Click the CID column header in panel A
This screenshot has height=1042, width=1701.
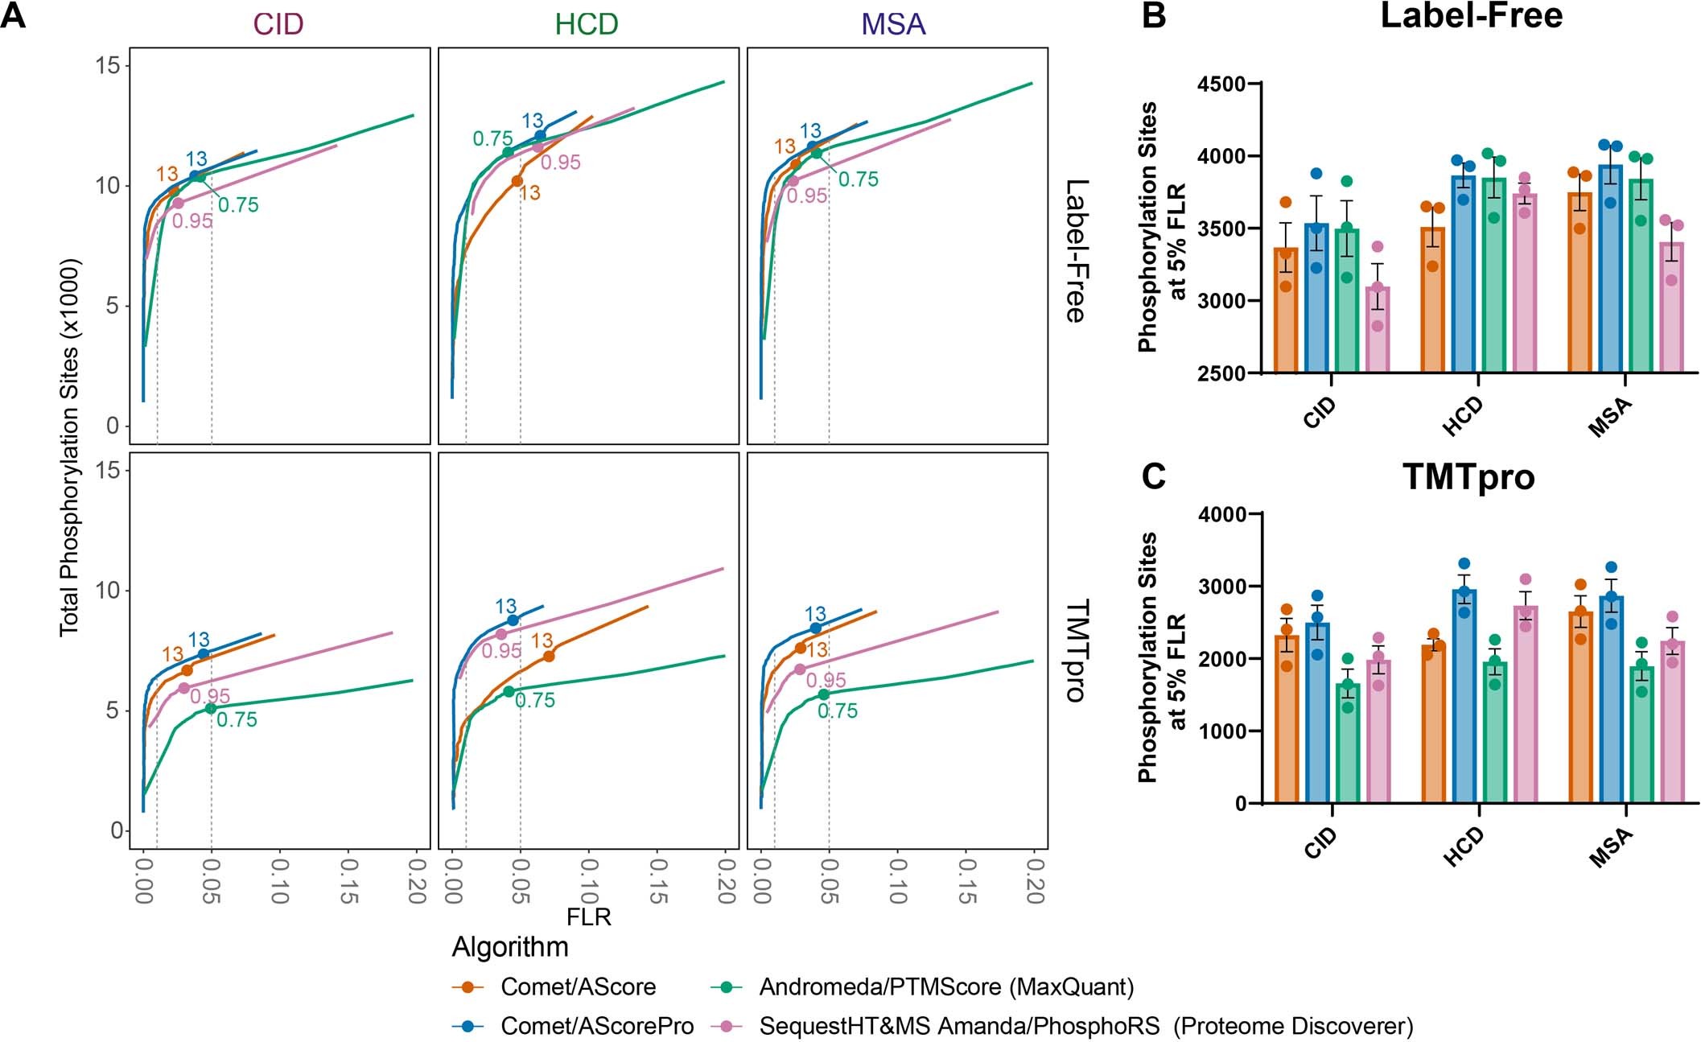pyautogui.click(x=278, y=24)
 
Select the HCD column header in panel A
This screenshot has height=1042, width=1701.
pyautogui.click(x=587, y=24)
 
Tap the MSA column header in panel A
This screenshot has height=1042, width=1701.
pyautogui.click(x=893, y=24)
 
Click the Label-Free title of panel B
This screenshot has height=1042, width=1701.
pyautogui.click(x=1471, y=16)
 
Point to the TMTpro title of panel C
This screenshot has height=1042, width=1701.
pyautogui.click(x=1468, y=477)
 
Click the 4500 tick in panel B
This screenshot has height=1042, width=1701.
pyautogui.click(x=1221, y=84)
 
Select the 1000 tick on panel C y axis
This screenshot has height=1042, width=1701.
pyautogui.click(x=1222, y=731)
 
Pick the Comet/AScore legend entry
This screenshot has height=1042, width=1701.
pyautogui.click(x=578, y=986)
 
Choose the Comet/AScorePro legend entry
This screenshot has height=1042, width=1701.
pyautogui.click(x=596, y=1026)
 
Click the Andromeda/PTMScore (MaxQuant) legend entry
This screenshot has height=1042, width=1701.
pyautogui.click(x=946, y=986)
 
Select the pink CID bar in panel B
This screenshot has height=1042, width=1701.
pyautogui.click(x=1378, y=330)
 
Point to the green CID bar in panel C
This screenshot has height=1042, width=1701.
pyautogui.click(x=1348, y=744)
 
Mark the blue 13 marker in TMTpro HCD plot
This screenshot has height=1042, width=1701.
pyautogui.click(x=513, y=620)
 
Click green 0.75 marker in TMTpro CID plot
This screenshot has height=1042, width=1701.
pyautogui.click(x=210, y=708)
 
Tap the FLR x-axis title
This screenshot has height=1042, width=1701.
pyautogui.click(x=588, y=917)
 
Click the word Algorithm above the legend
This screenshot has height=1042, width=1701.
pyautogui.click(x=510, y=947)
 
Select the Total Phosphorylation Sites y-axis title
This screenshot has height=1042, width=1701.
pyautogui.click(x=71, y=447)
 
